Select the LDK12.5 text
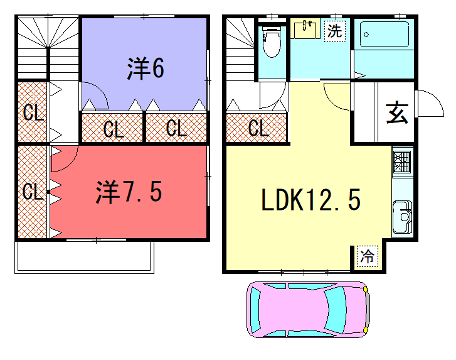point(311,199)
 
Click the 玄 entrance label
point(396,112)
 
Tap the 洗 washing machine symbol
point(334,30)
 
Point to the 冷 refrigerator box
point(366,256)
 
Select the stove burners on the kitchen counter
point(402,161)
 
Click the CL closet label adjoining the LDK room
point(258,128)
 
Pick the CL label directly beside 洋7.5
point(31,191)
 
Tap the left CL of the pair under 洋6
point(112,128)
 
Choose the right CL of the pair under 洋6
point(176,128)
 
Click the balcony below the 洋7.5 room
point(84,257)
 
